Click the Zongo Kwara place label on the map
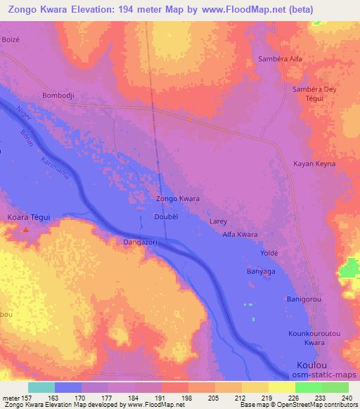177,199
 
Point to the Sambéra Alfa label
280,59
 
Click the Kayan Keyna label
314,164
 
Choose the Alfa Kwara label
240,235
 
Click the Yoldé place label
270,252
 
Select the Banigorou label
304,299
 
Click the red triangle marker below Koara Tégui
26,228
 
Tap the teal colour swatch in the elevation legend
41,387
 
